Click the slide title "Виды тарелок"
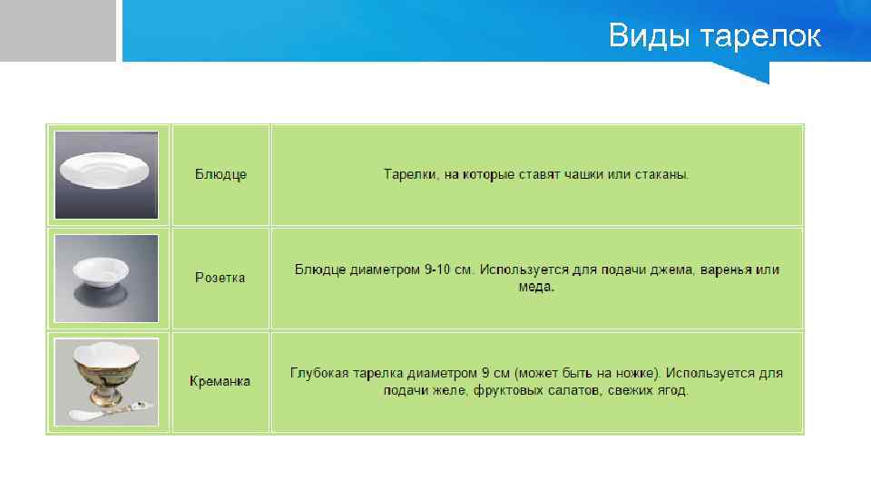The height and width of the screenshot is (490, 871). [714, 36]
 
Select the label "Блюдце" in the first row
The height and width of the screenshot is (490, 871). [220, 174]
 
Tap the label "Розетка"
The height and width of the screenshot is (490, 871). [220, 278]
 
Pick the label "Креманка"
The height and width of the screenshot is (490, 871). [220, 381]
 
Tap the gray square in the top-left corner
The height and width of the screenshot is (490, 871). [57, 30]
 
